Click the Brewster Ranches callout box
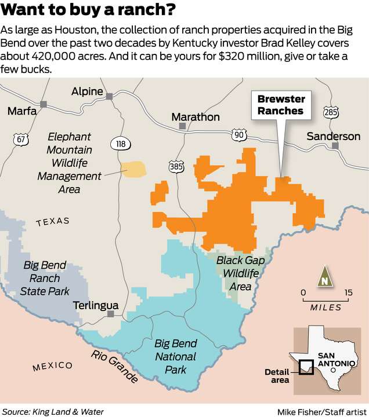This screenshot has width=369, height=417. pos(281,105)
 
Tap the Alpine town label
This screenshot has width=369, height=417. pos(86,92)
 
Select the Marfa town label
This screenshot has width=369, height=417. pos(21,111)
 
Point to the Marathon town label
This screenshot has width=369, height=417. pos(196,117)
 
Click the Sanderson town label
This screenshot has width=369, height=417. pos(333,136)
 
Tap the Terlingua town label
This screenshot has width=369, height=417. pos(96,305)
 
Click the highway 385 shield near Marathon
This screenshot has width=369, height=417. pos(176,166)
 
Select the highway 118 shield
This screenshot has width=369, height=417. pos(118,143)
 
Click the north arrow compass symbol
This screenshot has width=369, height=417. pos(324,278)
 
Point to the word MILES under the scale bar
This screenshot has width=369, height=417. pos(325,307)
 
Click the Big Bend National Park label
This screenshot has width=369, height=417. pos(175,356)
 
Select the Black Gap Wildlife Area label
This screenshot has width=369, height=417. pos(240,273)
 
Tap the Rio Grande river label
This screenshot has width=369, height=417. pos(114,365)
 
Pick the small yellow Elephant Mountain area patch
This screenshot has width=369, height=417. pos(134,169)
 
